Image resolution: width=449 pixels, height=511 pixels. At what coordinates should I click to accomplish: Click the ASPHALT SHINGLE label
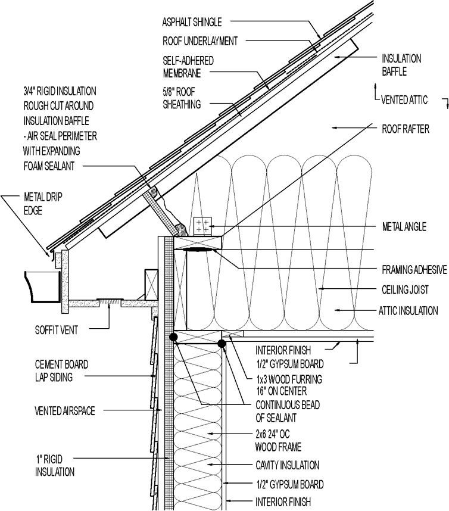click(x=192, y=23)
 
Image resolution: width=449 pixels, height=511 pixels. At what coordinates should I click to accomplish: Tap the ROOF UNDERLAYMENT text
click(x=200, y=41)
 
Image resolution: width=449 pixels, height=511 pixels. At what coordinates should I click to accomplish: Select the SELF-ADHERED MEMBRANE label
click(x=188, y=67)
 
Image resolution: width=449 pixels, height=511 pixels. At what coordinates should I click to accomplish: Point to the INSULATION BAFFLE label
click(x=402, y=65)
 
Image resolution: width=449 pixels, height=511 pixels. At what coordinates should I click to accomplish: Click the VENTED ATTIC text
click(x=405, y=100)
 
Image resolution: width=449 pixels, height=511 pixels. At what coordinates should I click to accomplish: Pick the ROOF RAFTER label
click(x=406, y=128)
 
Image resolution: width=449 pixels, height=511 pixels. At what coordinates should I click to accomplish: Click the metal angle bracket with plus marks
click(x=201, y=226)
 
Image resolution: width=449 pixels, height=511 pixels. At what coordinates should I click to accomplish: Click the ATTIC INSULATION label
click(x=409, y=310)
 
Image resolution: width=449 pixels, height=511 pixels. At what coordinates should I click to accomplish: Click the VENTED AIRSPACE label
click(x=57, y=411)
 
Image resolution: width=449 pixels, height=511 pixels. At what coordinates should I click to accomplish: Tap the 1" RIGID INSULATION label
click(x=54, y=466)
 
